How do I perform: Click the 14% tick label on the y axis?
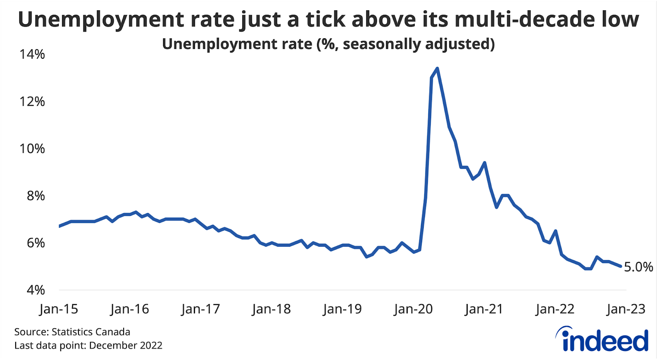tap(32, 54)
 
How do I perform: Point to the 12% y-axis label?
tap(32, 101)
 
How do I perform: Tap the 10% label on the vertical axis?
tap(32, 149)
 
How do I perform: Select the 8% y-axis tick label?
tap(36, 196)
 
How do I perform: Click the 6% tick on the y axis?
tap(36, 243)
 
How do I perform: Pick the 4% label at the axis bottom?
tap(36, 290)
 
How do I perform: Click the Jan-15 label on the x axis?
tap(59, 309)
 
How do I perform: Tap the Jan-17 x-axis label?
tap(200, 309)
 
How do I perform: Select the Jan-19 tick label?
tap(342, 309)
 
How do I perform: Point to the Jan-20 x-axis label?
tap(413, 309)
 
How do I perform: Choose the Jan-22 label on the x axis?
tap(555, 309)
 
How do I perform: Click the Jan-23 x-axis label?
tap(626, 309)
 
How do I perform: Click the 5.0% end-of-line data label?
tap(638, 267)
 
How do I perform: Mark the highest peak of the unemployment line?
tap(437, 68)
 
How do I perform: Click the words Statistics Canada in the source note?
tap(91, 332)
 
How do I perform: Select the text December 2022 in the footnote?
tap(125, 345)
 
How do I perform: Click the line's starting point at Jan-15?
tap(60, 226)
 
